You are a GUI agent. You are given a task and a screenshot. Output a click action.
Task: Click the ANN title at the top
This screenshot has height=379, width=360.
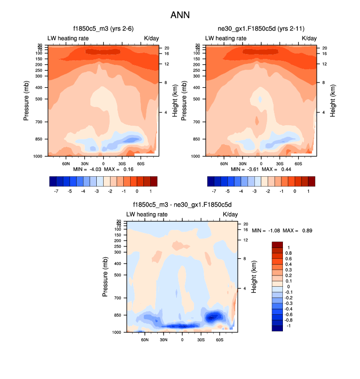(180, 15)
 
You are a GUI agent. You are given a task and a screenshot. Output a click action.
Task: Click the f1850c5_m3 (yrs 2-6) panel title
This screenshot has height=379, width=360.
(103, 29)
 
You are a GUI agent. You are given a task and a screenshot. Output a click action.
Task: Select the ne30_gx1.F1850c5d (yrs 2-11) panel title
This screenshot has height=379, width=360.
(261, 29)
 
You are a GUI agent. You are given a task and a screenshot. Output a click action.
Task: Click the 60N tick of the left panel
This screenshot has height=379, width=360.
(66, 163)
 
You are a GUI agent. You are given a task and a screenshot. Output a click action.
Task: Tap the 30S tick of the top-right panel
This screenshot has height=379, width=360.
(279, 163)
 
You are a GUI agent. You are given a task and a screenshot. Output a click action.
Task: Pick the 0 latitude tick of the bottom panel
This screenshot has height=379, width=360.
(182, 339)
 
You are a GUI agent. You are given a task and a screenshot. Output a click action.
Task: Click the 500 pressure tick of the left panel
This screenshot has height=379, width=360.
(39, 99)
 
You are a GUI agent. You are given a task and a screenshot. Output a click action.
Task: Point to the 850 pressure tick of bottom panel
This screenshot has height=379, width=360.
(118, 315)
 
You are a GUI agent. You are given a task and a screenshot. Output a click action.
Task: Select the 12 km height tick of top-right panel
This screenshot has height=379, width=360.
(325, 64)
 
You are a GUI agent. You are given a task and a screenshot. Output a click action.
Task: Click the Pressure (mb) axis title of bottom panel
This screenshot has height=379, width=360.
(105, 278)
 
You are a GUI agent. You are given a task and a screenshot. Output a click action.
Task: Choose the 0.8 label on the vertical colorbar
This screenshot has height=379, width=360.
(289, 253)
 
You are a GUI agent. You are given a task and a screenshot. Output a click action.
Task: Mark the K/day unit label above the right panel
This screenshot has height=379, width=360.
(309, 38)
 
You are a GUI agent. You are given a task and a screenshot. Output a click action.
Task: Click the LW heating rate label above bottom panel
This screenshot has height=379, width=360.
(146, 214)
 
